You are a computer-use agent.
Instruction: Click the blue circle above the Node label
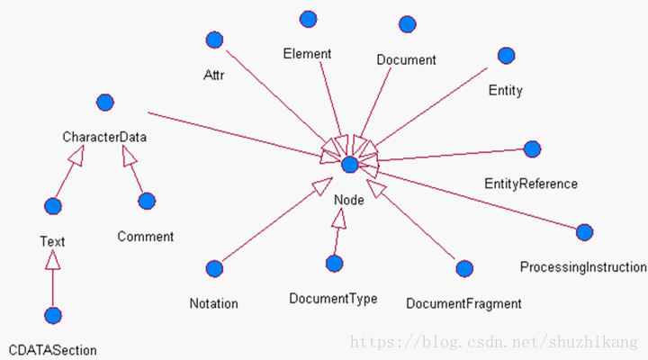tap(350, 164)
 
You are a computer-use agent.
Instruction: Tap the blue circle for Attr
tap(214, 40)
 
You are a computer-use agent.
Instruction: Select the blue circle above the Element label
tap(308, 19)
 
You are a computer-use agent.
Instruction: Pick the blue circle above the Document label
tap(407, 24)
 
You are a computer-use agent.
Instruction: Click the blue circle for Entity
tap(506, 56)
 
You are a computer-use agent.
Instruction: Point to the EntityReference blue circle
tap(532, 148)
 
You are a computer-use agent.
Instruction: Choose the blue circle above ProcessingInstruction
tap(584, 232)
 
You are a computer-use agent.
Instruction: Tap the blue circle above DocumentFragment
tap(464, 268)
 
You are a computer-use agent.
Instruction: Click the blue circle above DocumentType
tap(334, 264)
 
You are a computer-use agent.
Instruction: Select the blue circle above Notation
tap(214, 268)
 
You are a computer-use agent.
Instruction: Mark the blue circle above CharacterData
tap(104, 103)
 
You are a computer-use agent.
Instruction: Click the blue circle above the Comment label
tap(147, 201)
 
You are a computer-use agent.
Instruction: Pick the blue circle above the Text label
tap(53, 206)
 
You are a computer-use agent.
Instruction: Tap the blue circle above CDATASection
tap(53, 315)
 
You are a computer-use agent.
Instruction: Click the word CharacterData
tap(104, 138)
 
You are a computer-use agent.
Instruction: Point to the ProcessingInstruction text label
tap(583, 267)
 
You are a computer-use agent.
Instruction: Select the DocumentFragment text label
tap(463, 304)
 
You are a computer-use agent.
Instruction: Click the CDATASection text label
tap(52, 350)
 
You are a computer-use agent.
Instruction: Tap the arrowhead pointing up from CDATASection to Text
tap(53, 259)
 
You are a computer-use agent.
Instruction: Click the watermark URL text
tap(493, 343)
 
